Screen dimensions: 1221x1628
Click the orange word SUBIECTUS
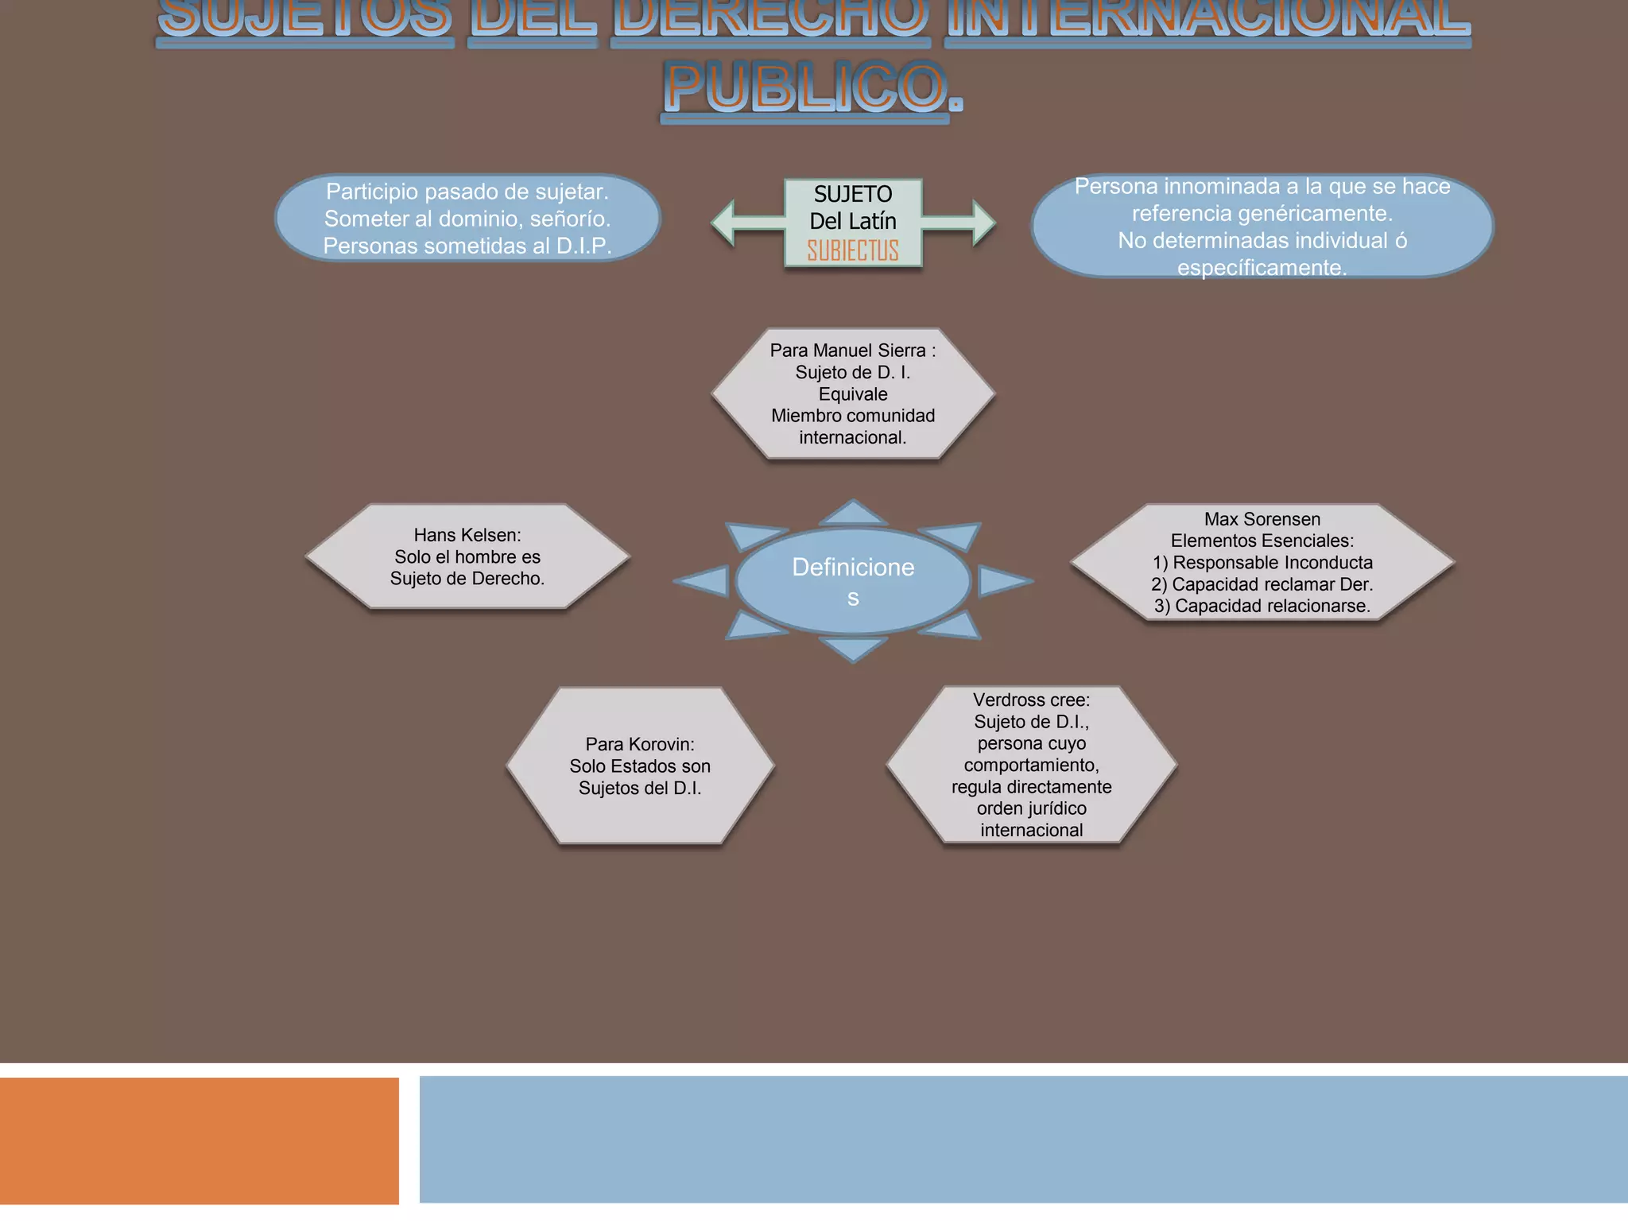[x=853, y=250]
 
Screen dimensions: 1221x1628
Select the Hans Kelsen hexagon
[x=467, y=556]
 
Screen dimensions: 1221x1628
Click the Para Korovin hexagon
[x=640, y=766]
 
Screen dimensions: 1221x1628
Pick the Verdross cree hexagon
[x=1031, y=765]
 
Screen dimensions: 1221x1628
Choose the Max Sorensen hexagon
[x=1262, y=562]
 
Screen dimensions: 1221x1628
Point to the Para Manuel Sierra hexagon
[x=853, y=393]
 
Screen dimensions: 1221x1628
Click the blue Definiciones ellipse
[x=853, y=581]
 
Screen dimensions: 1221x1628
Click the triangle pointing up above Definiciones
[x=853, y=514]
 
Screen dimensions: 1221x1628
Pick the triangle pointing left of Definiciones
[x=704, y=581]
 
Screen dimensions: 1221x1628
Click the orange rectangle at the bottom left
[x=199, y=1141]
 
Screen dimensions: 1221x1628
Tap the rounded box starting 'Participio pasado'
[x=467, y=219]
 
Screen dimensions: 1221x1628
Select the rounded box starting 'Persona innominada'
[x=1262, y=227]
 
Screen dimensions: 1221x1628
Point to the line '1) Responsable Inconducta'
[x=1262, y=563]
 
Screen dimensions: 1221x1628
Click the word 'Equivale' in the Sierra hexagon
[x=853, y=394]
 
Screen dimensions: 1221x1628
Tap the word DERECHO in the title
[x=769, y=17]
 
